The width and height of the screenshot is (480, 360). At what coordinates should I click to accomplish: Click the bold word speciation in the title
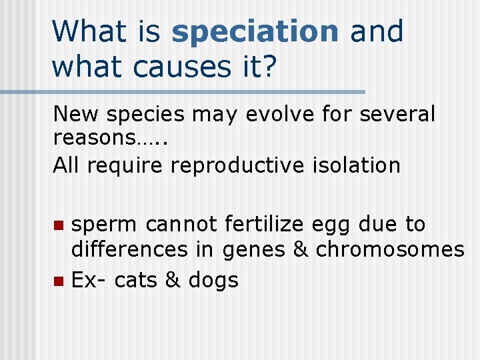click(255, 32)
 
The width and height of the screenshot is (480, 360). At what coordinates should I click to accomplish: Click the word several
click(397, 115)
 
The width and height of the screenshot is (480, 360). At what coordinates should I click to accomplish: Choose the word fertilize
click(265, 225)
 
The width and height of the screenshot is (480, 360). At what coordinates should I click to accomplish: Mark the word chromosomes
click(390, 249)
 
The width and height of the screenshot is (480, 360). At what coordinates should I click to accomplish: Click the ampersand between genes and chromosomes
click(300, 249)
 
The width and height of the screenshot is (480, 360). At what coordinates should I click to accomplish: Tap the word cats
click(136, 281)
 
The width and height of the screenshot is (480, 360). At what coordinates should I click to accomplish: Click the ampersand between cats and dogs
click(173, 281)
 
